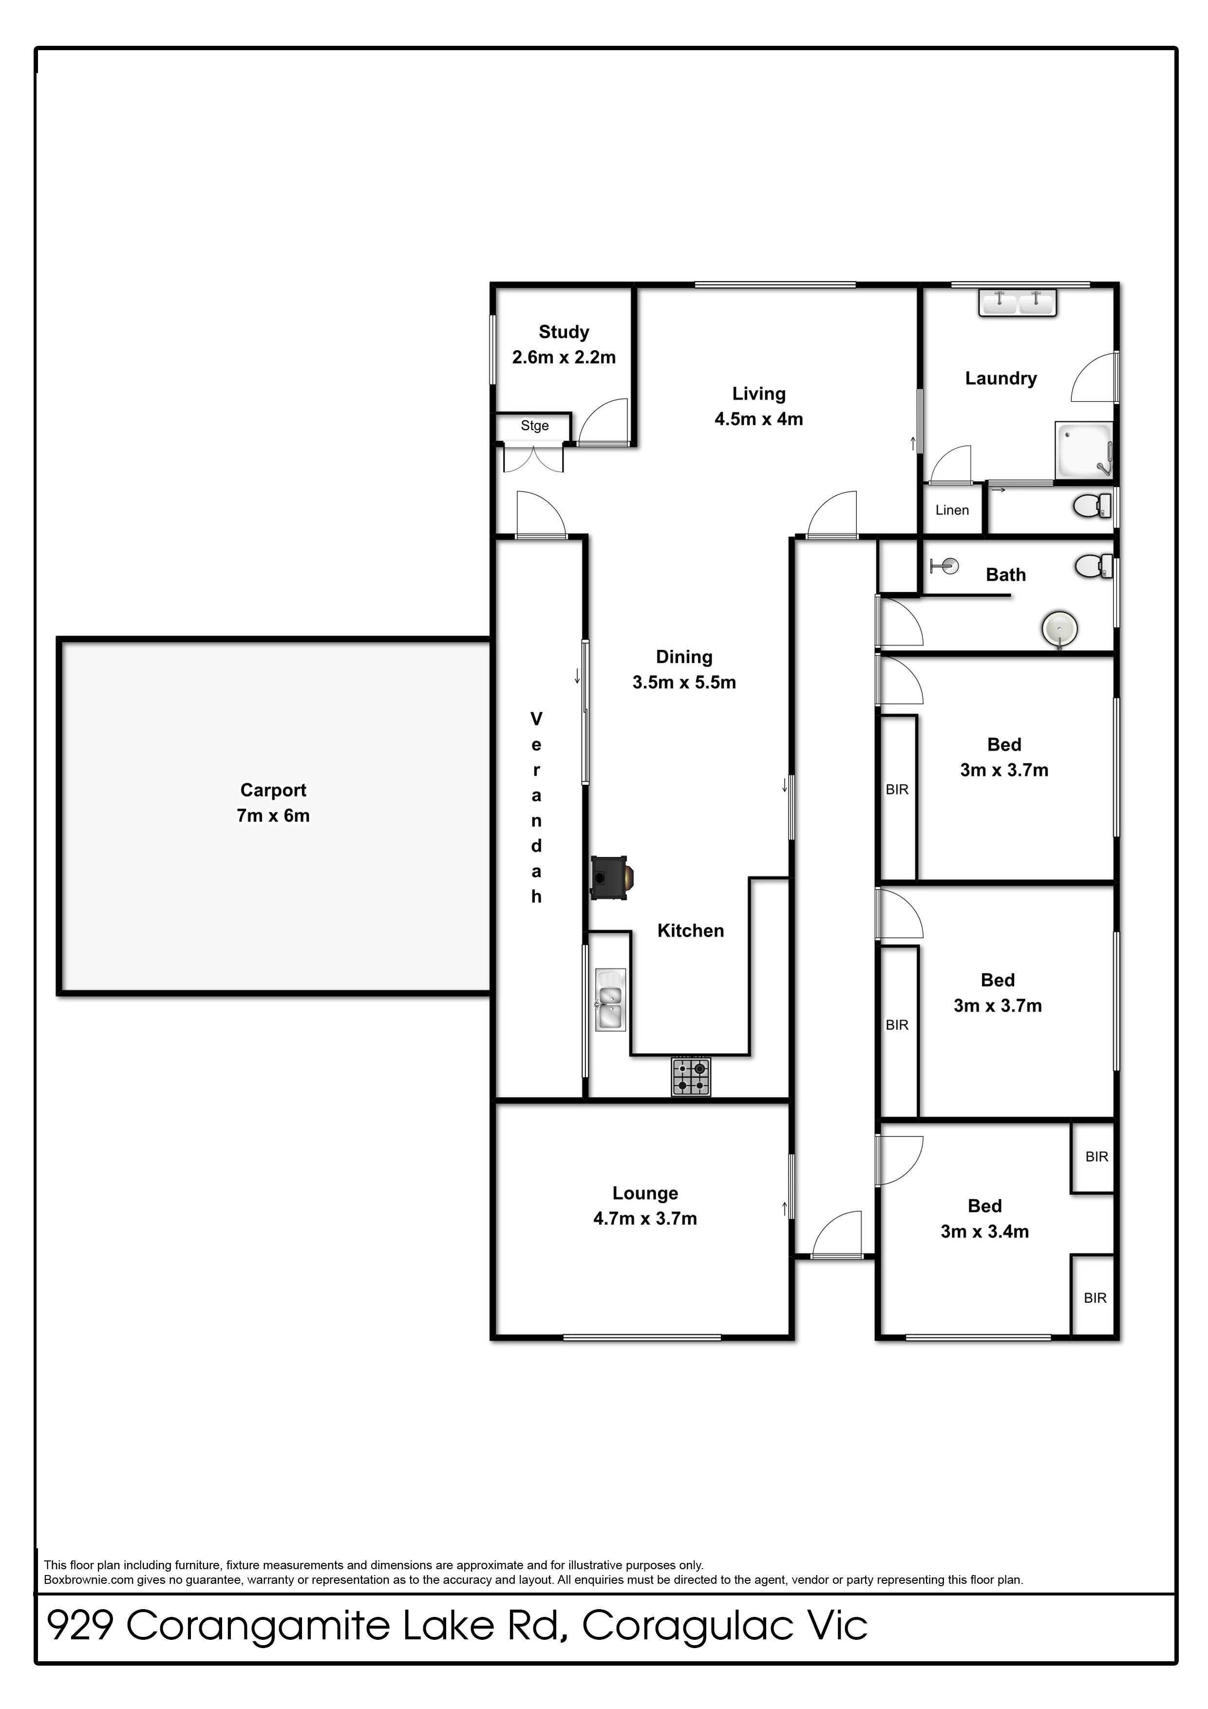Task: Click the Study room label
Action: (564, 332)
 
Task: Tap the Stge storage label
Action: (534, 426)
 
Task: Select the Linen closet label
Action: (952, 510)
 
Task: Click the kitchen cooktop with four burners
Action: (691, 1076)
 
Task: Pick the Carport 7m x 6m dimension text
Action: (273, 816)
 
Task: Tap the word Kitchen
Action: (691, 930)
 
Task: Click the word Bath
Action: (1005, 575)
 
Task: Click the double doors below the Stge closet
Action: (533, 458)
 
